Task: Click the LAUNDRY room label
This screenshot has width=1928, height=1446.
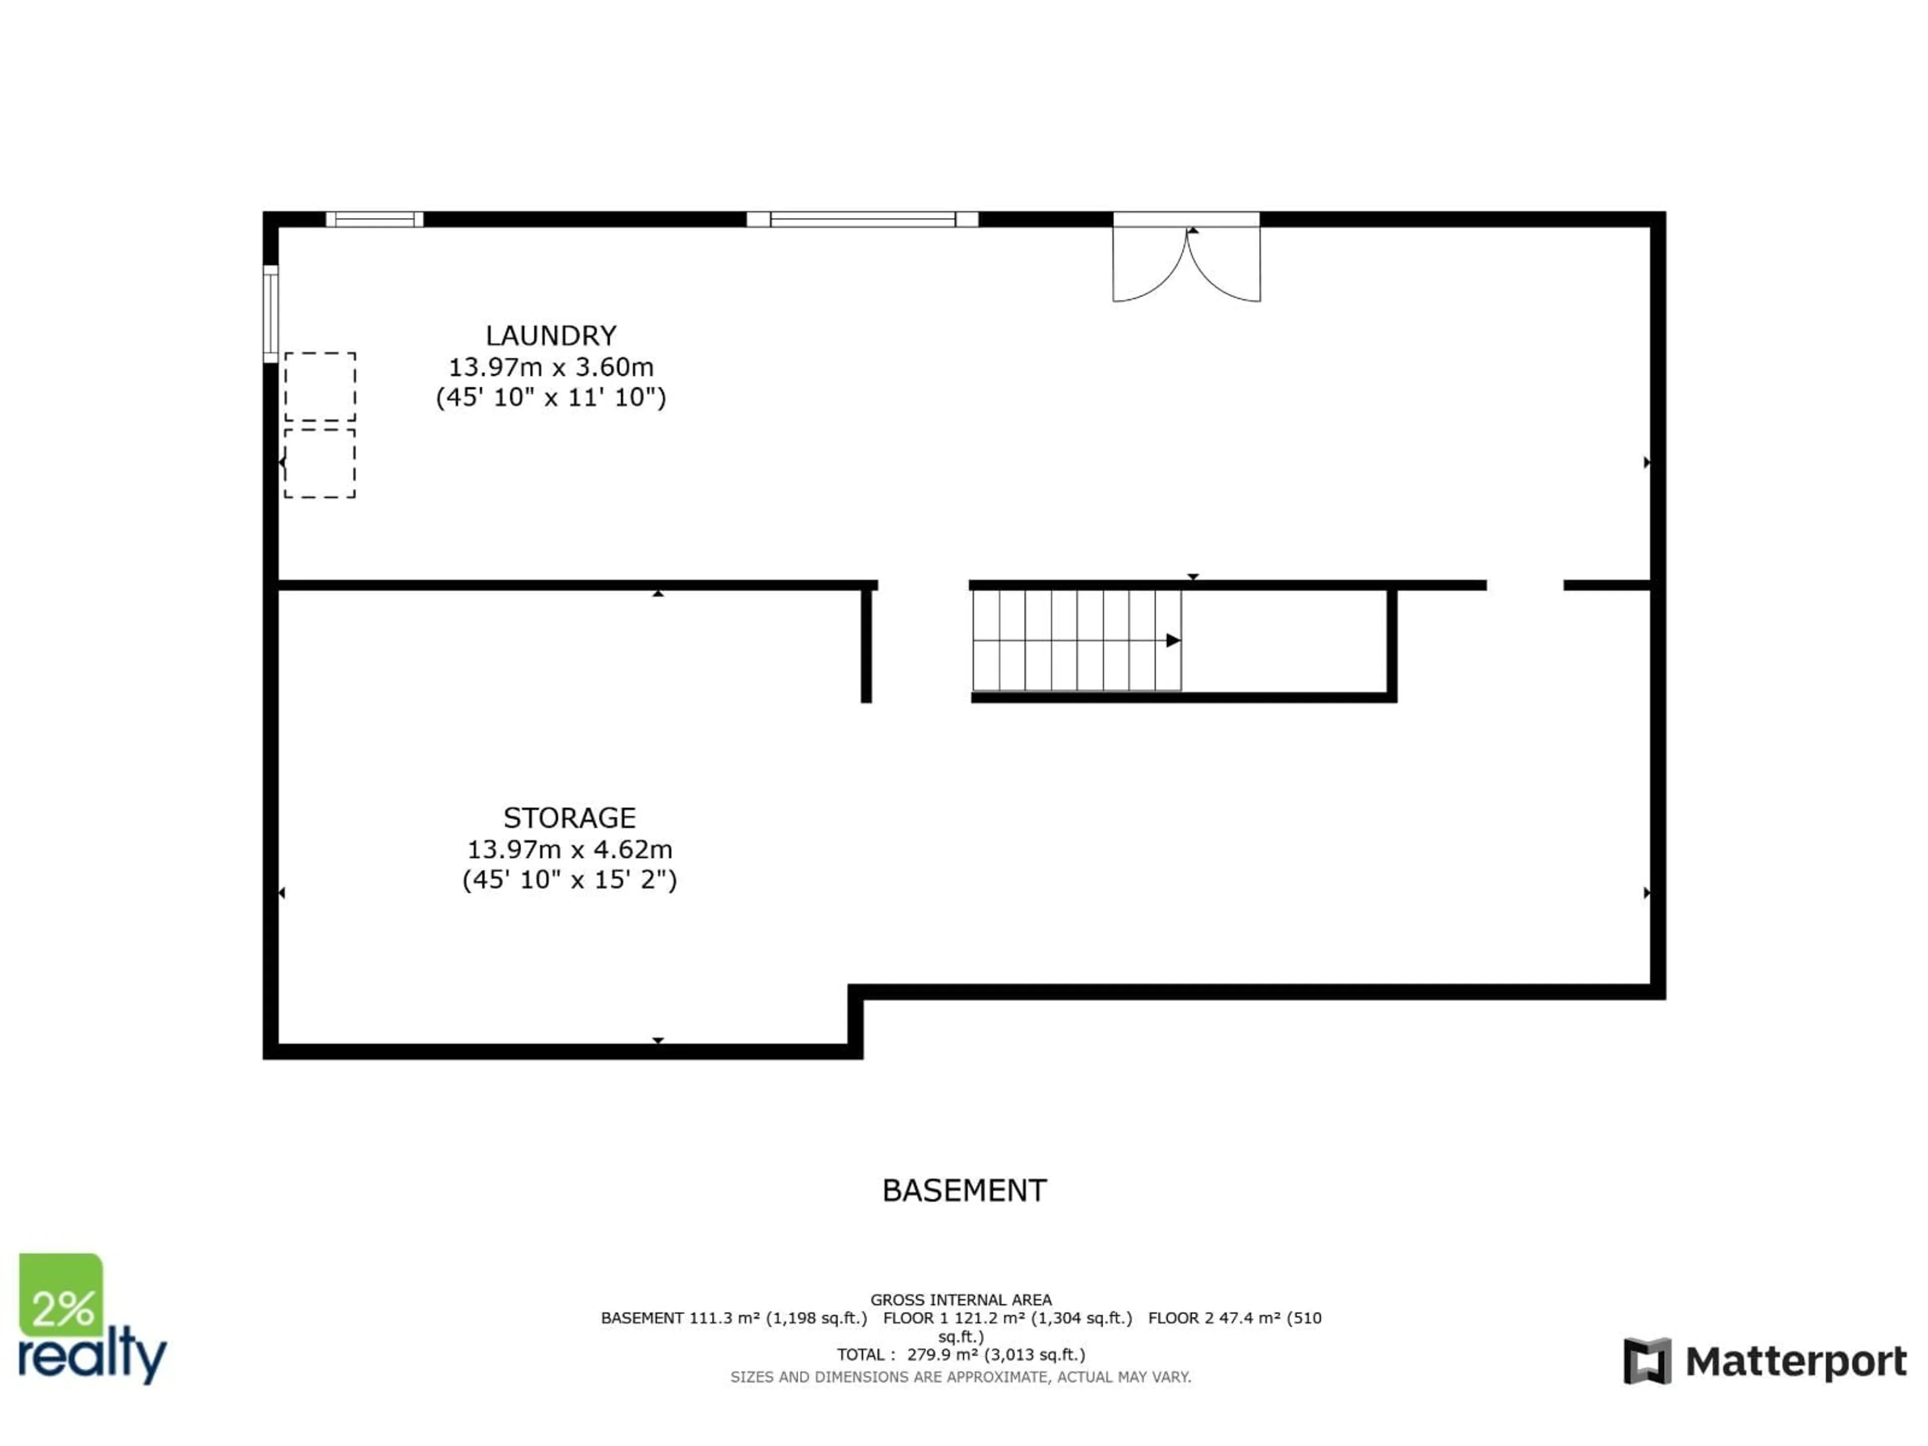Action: click(x=551, y=335)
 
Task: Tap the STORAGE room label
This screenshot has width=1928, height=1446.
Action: click(x=569, y=817)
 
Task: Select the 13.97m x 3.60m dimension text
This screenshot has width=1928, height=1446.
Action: click(x=551, y=367)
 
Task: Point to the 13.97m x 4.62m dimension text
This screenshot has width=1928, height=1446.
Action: click(x=569, y=849)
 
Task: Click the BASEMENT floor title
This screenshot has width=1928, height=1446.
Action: click(x=964, y=1190)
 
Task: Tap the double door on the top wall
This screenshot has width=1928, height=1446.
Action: click(x=1186, y=262)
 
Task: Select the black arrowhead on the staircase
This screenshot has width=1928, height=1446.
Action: click(x=1173, y=641)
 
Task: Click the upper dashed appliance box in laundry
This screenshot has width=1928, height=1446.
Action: click(x=320, y=387)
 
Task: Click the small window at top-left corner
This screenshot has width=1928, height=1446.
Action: click(x=375, y=219)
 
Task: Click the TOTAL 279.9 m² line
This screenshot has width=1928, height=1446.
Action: click(x=960, y=1355)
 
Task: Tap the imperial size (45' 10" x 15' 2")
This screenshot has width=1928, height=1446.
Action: click(x=569, y=880)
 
